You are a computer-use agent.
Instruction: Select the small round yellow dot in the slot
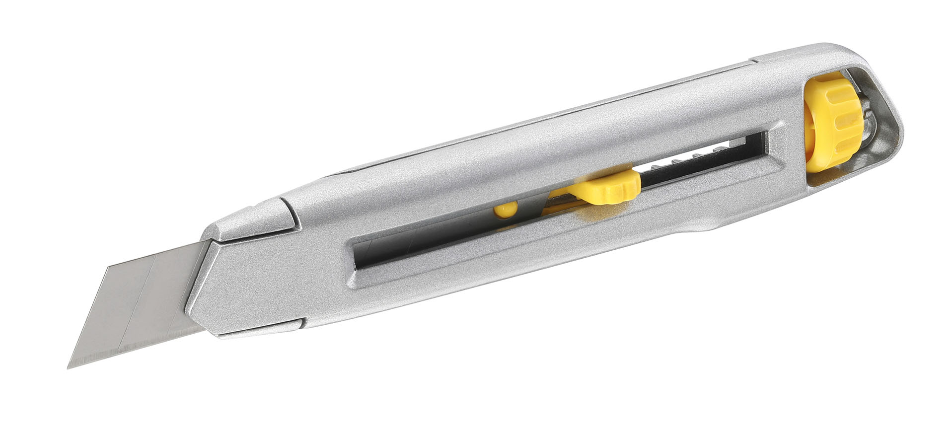coord(505,210)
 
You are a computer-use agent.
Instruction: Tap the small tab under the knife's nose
coord(258,330)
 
